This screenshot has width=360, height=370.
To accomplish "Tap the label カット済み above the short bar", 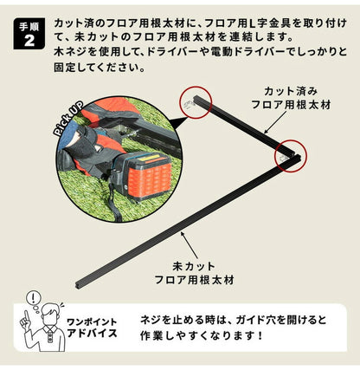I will click(x=285, y=90).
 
